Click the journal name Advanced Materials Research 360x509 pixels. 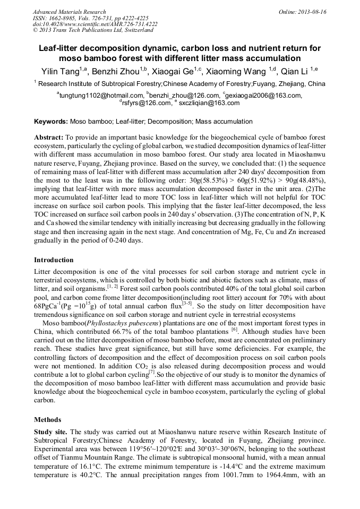[69, 12]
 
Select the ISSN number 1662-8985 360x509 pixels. [65, 18]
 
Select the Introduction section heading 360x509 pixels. [54, 260]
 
